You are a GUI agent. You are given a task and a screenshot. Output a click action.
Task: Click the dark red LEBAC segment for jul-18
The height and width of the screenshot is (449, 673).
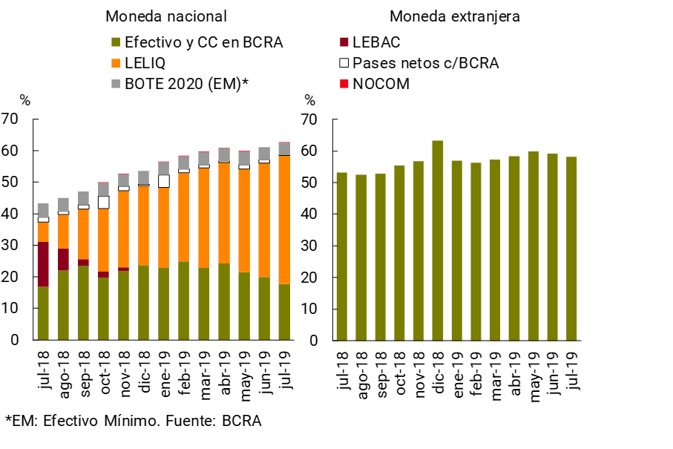43,263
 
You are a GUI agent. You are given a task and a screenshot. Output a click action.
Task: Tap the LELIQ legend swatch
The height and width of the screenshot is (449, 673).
116,63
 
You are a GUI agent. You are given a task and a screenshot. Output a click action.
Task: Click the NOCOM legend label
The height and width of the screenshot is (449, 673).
381,84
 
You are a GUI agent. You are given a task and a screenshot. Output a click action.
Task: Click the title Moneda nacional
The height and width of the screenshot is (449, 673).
166,16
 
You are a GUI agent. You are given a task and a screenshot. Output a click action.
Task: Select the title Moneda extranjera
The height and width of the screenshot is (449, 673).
455,16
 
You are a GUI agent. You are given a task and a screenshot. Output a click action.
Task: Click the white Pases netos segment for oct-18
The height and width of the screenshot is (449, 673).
104,202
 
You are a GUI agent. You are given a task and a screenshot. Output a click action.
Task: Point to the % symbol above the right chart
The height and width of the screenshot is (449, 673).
309,101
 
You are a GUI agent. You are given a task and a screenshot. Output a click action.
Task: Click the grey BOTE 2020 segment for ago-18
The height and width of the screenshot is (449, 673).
63,205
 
